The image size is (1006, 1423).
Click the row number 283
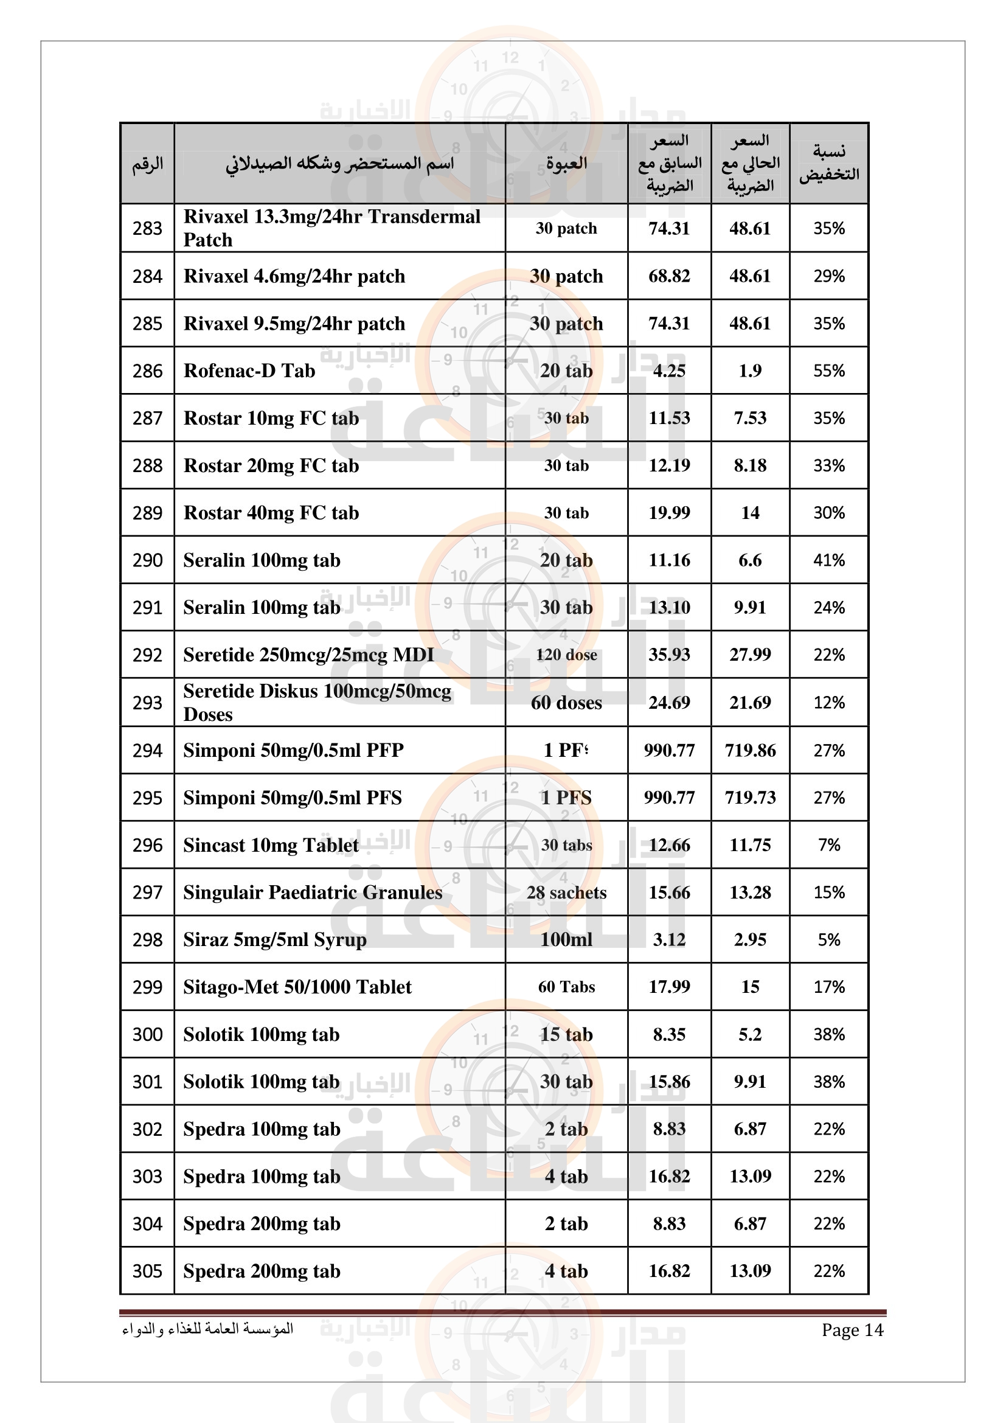(x=147, y=229)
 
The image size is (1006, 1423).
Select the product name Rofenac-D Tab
(x=249, y=371)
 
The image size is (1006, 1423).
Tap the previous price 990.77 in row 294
(x=669, y=751)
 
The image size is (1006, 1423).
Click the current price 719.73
(x=750, y=798)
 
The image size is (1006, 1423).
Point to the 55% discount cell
(x=829, y=371)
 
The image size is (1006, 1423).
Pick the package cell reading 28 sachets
(x=566, y=892)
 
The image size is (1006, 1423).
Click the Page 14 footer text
(x=852, y=1330)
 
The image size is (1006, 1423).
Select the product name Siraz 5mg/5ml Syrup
(x=274, y=939)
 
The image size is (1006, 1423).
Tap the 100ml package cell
(x=566, y=939)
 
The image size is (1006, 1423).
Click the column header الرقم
(x=147, y=164)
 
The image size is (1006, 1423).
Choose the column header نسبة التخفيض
(x=829, y=163)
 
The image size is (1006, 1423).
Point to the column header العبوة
(x=566, y=164)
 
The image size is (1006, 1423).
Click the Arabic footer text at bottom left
(x=207, y=1329)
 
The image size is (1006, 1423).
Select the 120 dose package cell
(x=566, y=655)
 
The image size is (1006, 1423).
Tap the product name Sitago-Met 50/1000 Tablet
(x=297, y=987)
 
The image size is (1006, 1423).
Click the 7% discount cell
(x=829, y=846)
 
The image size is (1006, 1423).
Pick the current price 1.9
(x=750, y=371)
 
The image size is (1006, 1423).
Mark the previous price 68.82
(x=669, y=276)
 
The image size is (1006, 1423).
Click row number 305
(x=147, y=1271)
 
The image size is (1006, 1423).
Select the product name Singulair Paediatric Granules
(x=313, y=892)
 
